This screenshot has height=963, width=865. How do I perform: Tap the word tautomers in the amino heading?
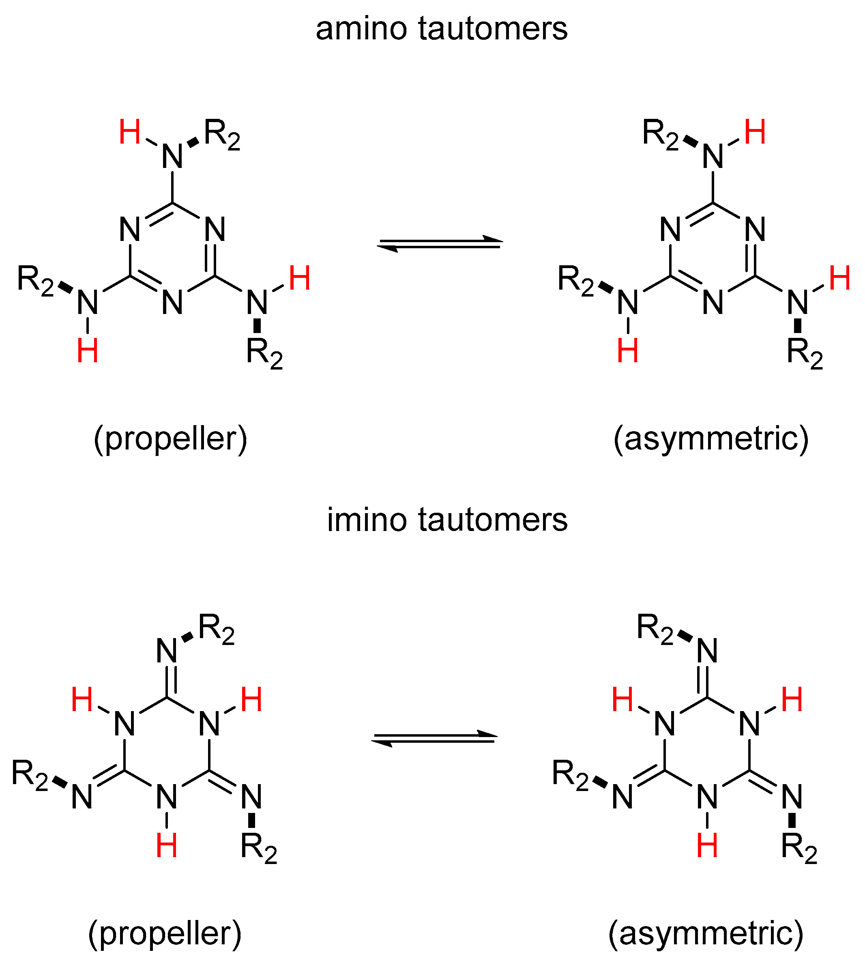coord(493,30)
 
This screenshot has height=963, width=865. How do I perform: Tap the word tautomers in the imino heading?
coord(493,520)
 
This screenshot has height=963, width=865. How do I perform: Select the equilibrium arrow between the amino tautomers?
coord(440,244)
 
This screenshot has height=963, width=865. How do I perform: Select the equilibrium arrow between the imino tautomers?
coord(434,739)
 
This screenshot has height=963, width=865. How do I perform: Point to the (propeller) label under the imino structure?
coord(165,932)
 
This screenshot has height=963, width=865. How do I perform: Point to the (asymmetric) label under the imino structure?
coord(706,932)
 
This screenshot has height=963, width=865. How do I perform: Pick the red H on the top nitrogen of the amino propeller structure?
coord(129,132)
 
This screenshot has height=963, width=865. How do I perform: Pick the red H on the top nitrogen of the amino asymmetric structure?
coord(755,132)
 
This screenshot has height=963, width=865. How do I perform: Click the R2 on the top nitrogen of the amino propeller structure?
coord(222,135)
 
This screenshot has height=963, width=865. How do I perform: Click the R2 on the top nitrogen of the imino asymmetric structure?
coord(655,629)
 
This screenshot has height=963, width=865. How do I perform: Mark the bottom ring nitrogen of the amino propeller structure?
coord(172,302)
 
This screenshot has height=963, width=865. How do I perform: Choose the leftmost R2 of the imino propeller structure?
coord(30,775)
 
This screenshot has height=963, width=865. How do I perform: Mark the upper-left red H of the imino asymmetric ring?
coord(622,700)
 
